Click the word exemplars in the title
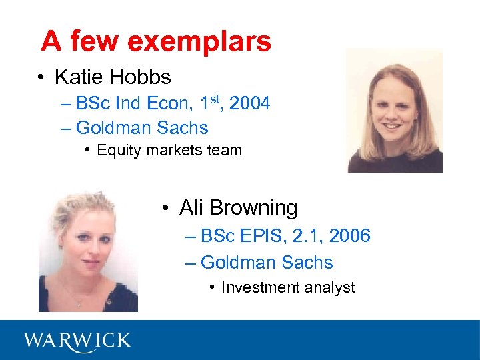pyautogui.click(x=199, y=41)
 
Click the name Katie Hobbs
pyautogui.click(x=113, y=77)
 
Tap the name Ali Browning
pyautogui.click(x=239, y=208)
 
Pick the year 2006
pyautogui.click(x=349, y=236)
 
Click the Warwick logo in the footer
pyautogui.click(x=77, y=341)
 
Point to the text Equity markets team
pyautogui.click(x=169, y=150)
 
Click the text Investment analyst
pyautogui.click(x=288, y=287)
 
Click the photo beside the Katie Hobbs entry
pyautogui.click(x=394, y=111)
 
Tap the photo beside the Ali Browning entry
pyautogui.click(x=88, y=250)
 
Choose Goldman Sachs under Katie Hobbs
pyautogui.click(x=142, y=128)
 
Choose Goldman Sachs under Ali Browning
pyautogui.click(x=267, y=263)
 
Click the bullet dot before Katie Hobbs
pyautogui.click(x=42, y=78)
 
